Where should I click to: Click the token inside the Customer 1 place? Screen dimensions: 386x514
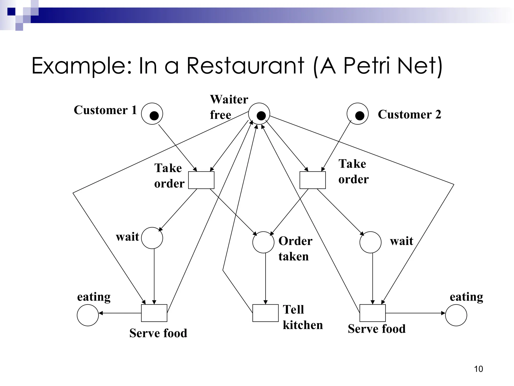pos(154,116)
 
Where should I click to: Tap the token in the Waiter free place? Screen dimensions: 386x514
pos(261,116)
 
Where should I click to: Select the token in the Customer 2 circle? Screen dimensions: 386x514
pos(360,116)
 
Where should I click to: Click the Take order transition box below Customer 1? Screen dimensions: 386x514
pos(201,180)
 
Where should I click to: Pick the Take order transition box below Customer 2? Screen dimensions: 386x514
pos(312,180)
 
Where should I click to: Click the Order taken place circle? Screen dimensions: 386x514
pos(263,242)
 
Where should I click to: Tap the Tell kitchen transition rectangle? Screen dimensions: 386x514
pos(265,313)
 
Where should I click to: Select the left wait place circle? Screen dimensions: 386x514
pos(152,238)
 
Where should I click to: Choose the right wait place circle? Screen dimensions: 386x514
pos(370,242)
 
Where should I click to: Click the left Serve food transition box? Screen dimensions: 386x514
pos(154,313)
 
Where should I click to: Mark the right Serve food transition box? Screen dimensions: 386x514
pos(372,313)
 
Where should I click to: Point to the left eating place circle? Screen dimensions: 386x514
pos(88,315)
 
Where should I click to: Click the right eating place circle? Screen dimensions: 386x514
pos(456,315)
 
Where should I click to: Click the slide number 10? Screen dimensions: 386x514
pos(478,369)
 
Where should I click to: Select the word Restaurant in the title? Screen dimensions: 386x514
pos(245,66)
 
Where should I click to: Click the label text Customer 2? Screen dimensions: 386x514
pos(409,114)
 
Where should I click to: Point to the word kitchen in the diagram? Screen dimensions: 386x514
pos(303,325)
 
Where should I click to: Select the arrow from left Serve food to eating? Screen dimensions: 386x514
pos(120,313)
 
